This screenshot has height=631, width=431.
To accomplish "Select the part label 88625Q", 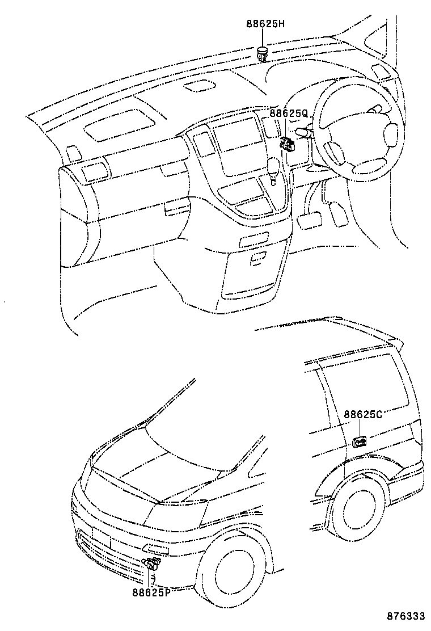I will pos(289,113).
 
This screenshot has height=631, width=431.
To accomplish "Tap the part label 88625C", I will pos(363,414).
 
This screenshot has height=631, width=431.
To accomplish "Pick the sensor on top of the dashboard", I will pos(263,54).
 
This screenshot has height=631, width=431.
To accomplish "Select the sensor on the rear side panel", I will pos(360,441).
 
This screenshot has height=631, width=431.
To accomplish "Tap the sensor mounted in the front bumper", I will pos(152,565).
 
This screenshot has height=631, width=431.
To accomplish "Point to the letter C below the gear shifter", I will pos(273,183).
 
